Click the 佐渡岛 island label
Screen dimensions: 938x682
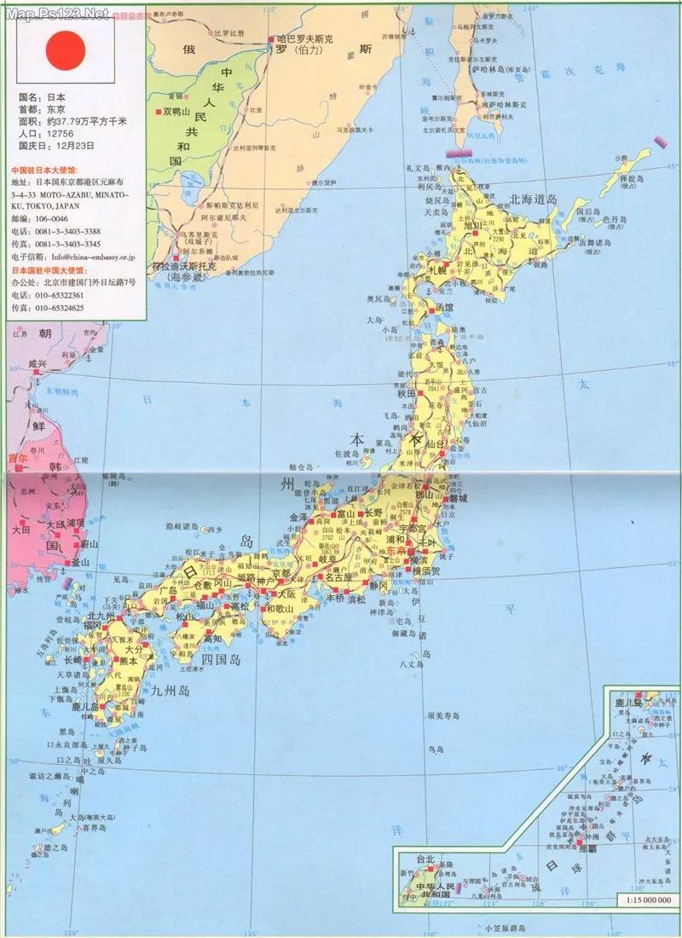click(350, 455)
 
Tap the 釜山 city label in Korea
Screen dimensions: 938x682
click(78, 563)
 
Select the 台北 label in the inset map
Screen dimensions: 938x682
click(425, 860)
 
